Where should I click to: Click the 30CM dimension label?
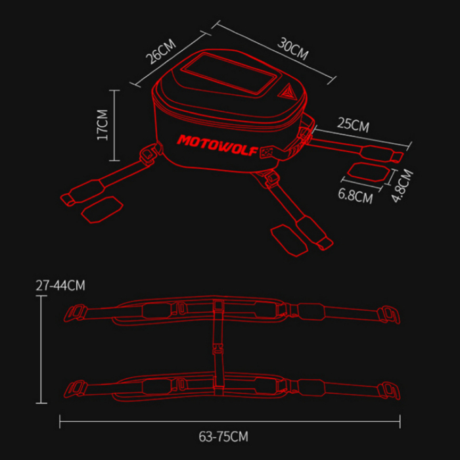point(292,49)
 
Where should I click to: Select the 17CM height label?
point(102,125)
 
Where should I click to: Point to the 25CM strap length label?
point(353,124)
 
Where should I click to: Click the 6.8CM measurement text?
point(355,195)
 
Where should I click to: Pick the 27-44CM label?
point(61,285)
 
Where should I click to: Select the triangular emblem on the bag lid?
point(290,95)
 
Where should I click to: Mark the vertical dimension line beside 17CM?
point(115,125)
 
